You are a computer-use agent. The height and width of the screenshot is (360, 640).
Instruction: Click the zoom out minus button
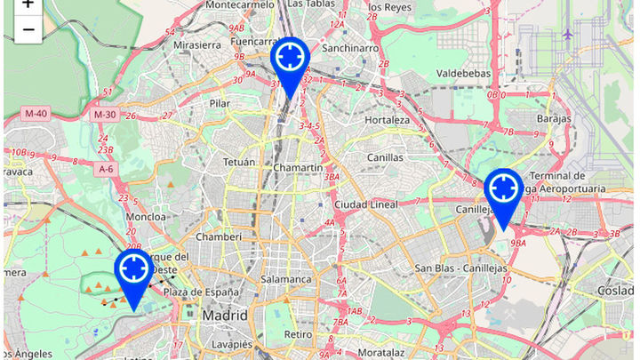28,29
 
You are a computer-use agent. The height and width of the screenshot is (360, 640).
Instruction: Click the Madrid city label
224,316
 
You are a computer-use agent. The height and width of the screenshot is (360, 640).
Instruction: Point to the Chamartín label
298,168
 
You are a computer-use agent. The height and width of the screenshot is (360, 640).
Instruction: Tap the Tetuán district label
239,163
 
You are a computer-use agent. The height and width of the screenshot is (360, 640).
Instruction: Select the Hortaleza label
387,120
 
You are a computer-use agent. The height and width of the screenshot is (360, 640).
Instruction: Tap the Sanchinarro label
350,48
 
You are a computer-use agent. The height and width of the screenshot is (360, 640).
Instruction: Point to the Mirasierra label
197,44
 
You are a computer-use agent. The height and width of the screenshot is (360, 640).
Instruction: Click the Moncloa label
147,216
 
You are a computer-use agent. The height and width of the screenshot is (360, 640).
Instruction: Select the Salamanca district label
286,279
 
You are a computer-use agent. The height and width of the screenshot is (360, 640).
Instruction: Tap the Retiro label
298,334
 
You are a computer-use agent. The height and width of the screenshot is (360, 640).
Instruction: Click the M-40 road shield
36,114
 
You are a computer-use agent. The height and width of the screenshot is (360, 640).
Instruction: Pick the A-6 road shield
106,169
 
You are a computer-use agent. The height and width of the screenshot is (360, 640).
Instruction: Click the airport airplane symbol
567,35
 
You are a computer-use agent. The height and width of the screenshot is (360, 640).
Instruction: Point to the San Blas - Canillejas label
461,268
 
